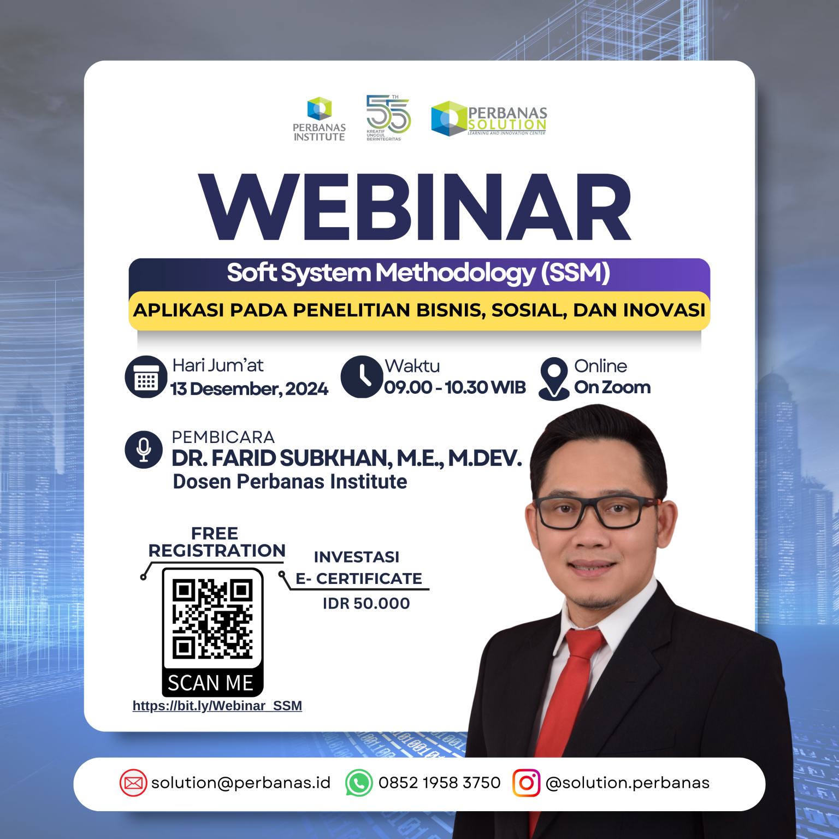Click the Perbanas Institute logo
pyautogui.click(x=320, y=119)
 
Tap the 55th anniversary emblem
pyautogui.click(x=388, y=117)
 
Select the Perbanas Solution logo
pyautogui.click(x=489, y=119)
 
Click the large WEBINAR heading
pyautogui.click(x=415, y=208)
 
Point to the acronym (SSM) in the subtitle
pyautogui.click(x=575, y=273)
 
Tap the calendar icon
pyautogui.click(x=146, y=377)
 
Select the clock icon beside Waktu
pyautogui.click(x=362, y=377)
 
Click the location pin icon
pyautogui.click(x=554, y=379)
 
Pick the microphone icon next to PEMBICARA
pyautogui.click(x=144, y=450)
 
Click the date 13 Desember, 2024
pyautogui.click(x=249, y=389)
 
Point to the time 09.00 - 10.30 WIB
pyautogui.click(x=455, y=387)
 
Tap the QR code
pyautogui.click(x=212, y=619)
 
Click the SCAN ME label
pyautogui.click(x=210, y=683)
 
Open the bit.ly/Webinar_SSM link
pyautogui.click(x=217, y=706)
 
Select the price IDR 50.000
pyautogui.click(x=366, y=604)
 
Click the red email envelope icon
pyautogui.click(x=133, y=783)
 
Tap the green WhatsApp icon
pyautogui.click(x=359, y=783)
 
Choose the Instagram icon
pyautogui.click(x=527, y=783)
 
